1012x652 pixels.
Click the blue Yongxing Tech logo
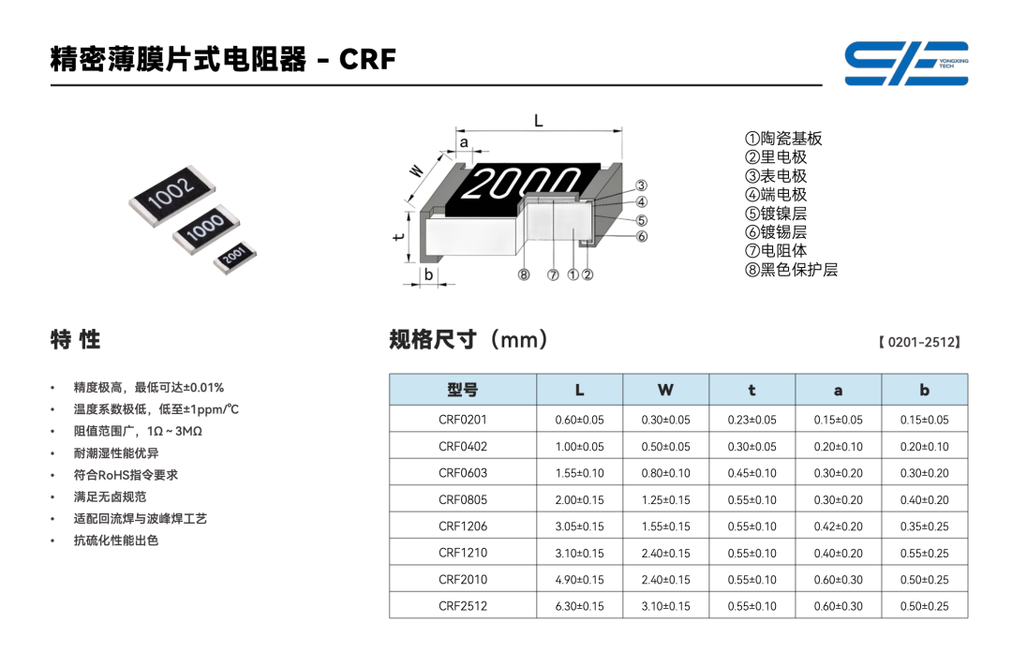[x=906, y=64]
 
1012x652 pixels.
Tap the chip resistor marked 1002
[x=171, y=195]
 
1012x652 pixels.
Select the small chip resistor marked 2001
[x=235, y=257]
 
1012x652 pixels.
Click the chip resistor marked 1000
[x=206, y=229]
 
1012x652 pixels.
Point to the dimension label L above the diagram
[x=538, y=121]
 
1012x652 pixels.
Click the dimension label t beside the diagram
[x=399, y=236]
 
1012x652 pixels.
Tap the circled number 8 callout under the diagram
[x=524, y=275]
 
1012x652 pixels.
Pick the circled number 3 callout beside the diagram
[x=641, y=185]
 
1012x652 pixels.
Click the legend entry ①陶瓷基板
[x=783, y=139]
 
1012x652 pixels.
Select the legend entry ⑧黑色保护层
[x=791, y=270]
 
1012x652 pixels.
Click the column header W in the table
[x=665, y=390]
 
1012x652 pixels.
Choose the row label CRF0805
[x=463, y=499]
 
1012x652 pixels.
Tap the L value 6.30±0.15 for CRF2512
[x=580, y=606]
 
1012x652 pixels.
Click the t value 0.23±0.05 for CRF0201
[x=752, y=420]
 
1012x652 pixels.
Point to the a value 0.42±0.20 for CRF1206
[x=839, y=526]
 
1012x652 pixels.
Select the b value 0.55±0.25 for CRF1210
[x=925, y=554]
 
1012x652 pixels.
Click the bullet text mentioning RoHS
[x=126, y=475]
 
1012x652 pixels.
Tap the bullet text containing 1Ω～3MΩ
[x=138, y=431]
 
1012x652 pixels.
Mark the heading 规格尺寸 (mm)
[x=469, y=339]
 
